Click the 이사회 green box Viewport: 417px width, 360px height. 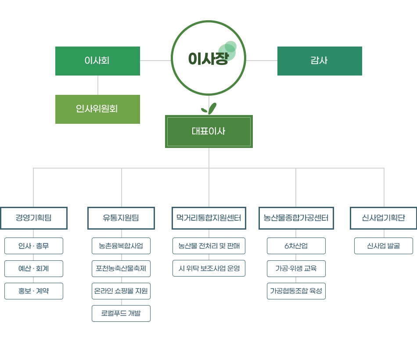click(x=97, y=61)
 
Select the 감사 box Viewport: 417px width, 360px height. click(x=320, y=61)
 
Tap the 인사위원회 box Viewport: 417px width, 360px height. click(x=97, y=109)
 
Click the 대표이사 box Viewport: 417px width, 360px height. click(x=209, y=131)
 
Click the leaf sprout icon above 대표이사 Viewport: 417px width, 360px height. click(x=209, y=108)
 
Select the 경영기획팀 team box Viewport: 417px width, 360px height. click(x=34, y=218)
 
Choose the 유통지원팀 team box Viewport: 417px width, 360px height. click(x=121, y=218)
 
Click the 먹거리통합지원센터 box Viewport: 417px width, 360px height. click(x=209, y=218)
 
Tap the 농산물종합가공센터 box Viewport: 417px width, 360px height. click(x=296, y=218)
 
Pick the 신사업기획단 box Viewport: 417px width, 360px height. click(x=384, y=218)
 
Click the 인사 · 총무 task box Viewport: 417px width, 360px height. click(x=34, y=246)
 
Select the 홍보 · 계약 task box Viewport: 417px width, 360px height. click(x=34, y=291)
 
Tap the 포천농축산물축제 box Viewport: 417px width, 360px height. click(x=121, y=269)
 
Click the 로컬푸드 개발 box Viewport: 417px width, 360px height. click(x=121, y=313)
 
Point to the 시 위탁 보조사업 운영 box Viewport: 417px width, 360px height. click(x=209, y=268)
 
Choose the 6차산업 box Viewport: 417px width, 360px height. click(x=296, y=246)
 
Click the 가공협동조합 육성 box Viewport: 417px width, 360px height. click(x=296, y=291)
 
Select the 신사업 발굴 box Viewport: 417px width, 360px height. click(x=384, y=246)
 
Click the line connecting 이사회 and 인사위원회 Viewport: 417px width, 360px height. click(x=98, y=85)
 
